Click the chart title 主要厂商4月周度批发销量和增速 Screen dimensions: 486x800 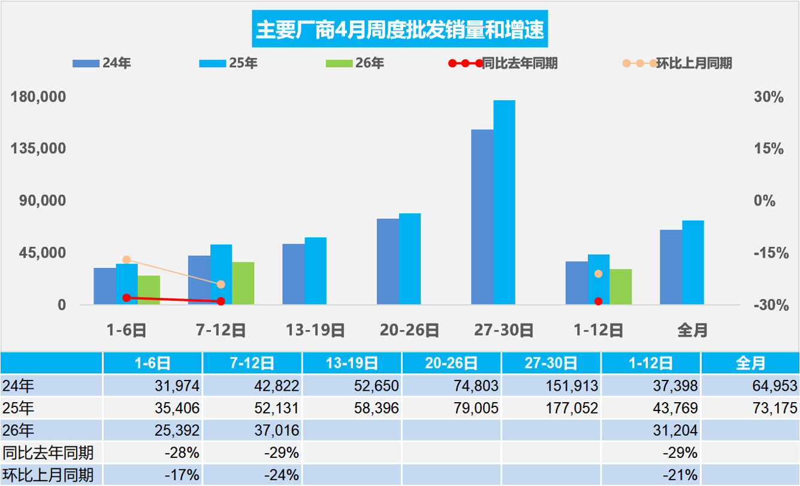pyautogui.click(x=400, y=29)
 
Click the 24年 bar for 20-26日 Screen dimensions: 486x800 pyautogui.click(x=388, y=262)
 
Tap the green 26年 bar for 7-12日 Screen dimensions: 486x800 pyautogui.click(x=243, y=283)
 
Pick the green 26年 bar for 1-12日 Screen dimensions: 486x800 pyautogui.click(x=620, y=287)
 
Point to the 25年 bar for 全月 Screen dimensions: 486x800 pyautogui.click(x=693, y=262)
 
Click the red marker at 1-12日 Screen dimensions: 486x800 pyautogui.click(x=598, y=301)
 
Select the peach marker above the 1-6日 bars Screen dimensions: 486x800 pyautogui.click(x=126, y=259)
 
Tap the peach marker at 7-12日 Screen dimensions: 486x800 pyautogui.click(x=221, y=284)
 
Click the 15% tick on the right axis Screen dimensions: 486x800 pyautogui.click(x=768, y=149)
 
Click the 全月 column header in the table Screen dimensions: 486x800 pyautogui.click(x=750, y=363)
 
